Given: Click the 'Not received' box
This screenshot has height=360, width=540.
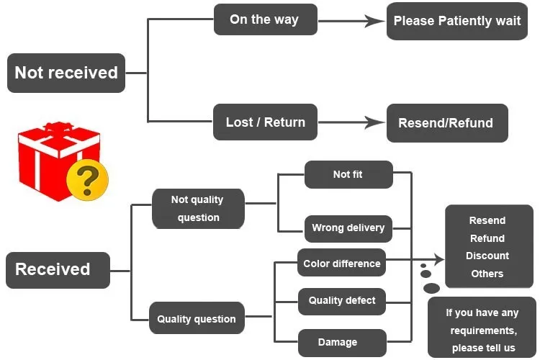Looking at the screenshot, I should coord(66,73).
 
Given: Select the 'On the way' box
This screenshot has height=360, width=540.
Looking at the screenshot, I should coord(265,19).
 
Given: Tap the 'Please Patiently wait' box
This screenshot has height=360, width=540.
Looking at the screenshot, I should coord(457,21).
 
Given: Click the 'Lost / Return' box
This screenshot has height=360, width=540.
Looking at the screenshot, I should coord(265,122).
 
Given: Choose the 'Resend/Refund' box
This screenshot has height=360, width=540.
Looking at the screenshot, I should coord(446,123).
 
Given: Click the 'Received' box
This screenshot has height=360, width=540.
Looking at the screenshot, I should coord(58,269).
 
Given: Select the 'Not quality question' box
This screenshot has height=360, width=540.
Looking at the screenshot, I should coord(198,209).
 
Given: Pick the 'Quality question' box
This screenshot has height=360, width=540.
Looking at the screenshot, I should coord(197,319).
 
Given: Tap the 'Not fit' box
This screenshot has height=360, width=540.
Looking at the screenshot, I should coord(348,174).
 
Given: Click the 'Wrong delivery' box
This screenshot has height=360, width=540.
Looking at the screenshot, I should coord(348,228).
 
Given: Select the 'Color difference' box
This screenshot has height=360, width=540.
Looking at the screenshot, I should coord(341,264).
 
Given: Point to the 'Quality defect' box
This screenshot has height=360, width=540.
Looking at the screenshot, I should coord(342,301).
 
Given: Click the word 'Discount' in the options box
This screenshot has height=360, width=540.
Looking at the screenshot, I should coord(487,256).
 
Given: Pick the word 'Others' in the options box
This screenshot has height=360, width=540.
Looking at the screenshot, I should coord(487,274).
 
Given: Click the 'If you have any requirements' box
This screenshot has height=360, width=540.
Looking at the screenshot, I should coord(482,330).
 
